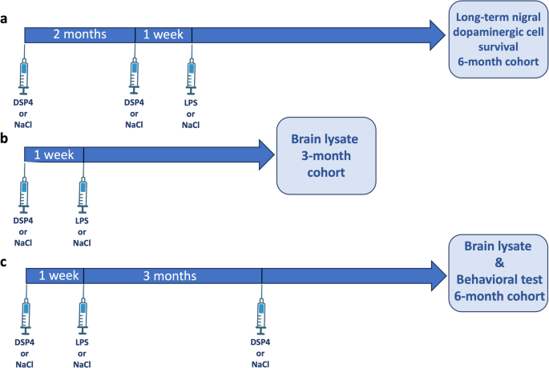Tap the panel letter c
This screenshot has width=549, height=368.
5,259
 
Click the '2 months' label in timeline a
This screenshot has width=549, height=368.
79,34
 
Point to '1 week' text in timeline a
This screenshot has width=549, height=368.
163,34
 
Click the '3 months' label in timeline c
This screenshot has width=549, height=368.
170,276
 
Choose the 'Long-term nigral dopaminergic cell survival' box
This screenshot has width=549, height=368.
497,39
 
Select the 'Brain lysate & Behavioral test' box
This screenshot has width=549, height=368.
497,273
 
